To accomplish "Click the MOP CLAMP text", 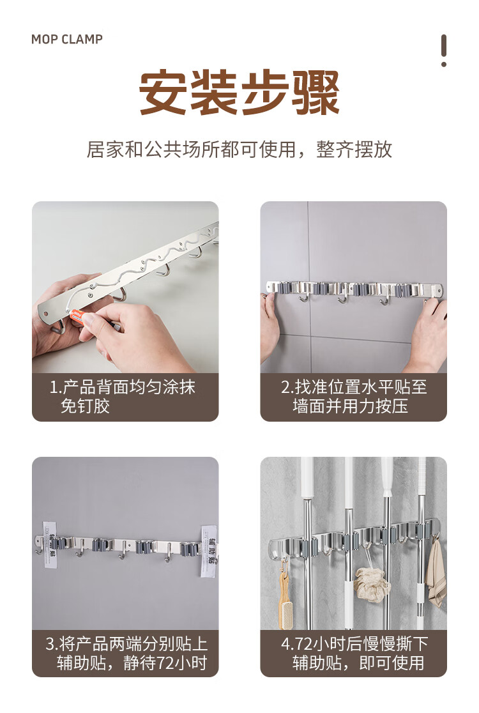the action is (67, 39).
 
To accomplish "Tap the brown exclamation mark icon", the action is (443, 50).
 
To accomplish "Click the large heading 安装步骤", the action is (240, 92).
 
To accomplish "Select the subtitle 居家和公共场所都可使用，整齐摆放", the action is (240, 149).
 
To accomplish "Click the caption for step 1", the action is (123, 397).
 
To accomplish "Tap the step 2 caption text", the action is (354, 397).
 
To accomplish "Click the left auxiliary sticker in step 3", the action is (50, 545).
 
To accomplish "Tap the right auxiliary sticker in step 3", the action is (209, 551).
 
